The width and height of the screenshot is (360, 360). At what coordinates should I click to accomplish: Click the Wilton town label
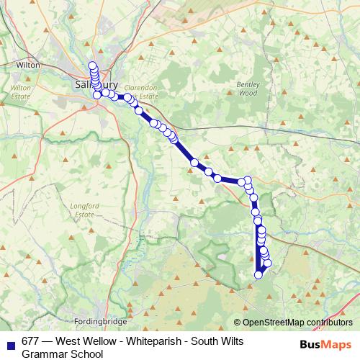point(27,64)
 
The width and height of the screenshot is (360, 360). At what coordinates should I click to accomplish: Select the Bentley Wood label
point(247,89)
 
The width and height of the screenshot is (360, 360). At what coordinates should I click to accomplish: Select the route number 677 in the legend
point(31,341)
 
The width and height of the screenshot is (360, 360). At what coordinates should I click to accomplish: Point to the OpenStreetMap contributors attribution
point(292,322)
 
